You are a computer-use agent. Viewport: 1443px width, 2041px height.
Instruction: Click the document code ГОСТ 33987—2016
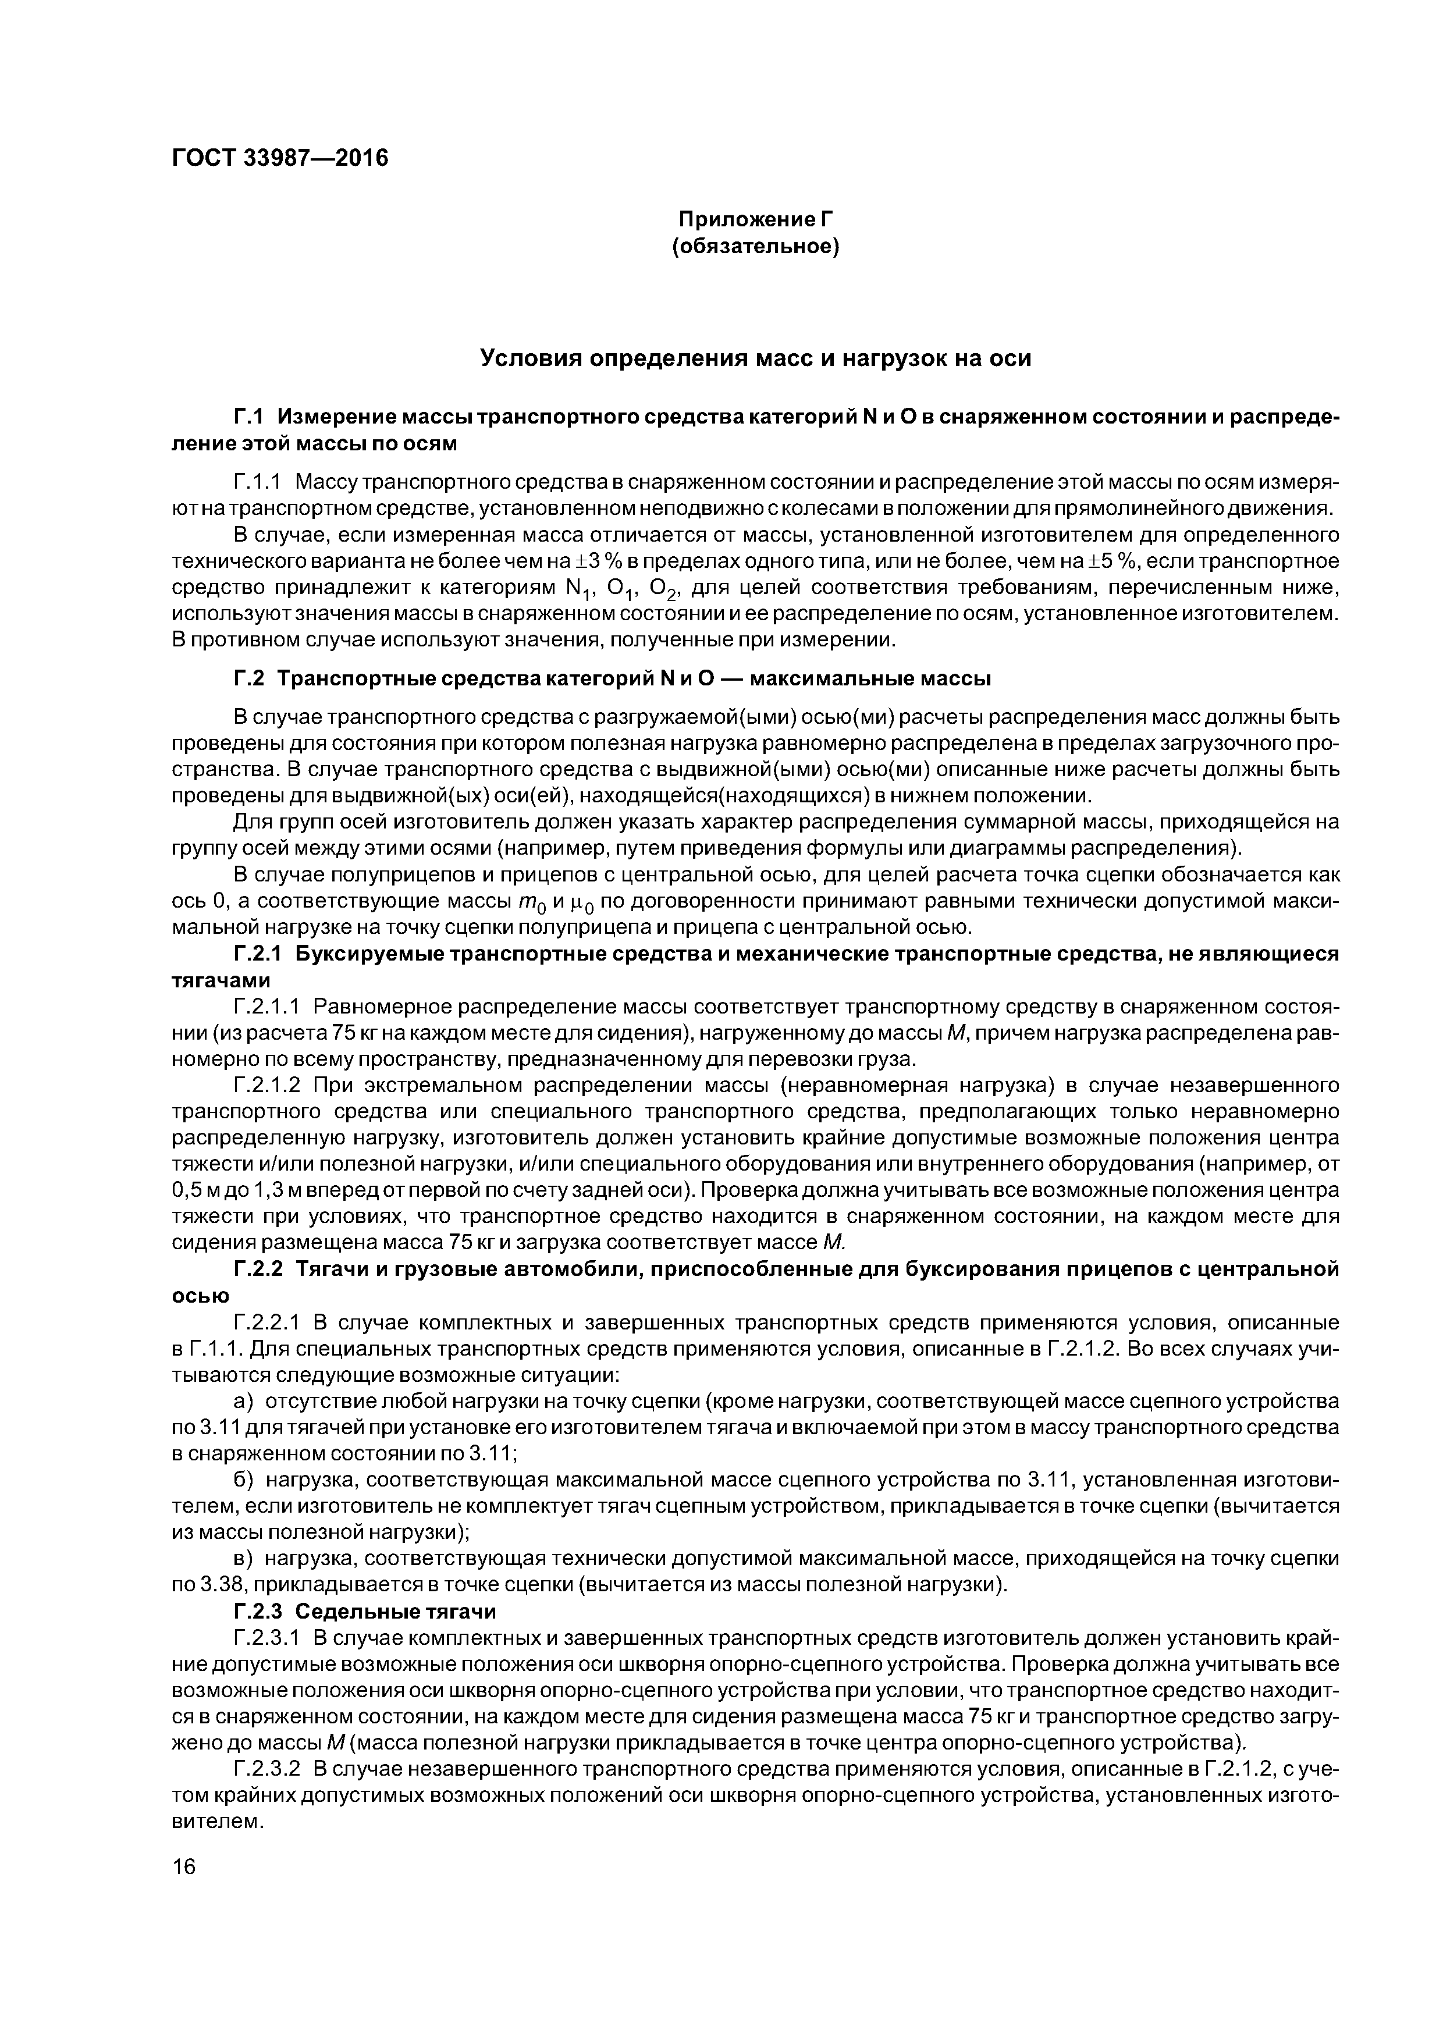pyautogui.click(x=280, y=158)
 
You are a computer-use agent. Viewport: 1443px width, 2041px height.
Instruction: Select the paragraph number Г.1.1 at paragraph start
pyautogui.click(x=257, y=483)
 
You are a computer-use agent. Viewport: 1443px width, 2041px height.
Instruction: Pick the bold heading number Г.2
pyautogui.click(x=249, y=679)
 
